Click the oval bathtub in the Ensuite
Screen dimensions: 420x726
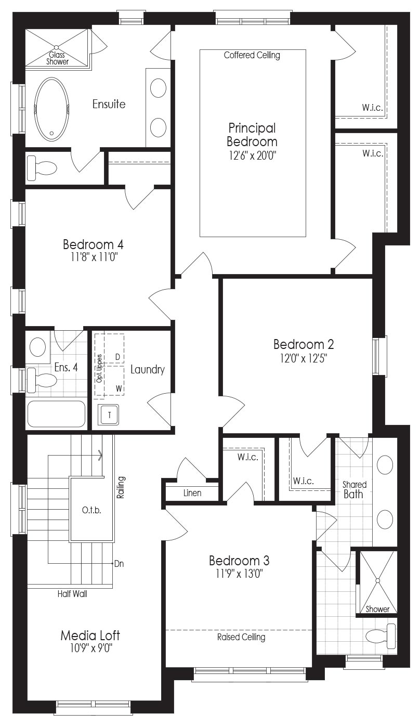pos(51,109)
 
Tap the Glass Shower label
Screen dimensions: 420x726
pos(57,58)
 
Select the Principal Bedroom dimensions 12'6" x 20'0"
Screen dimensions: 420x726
pos(252,156)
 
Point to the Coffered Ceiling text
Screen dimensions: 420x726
pos(252,55)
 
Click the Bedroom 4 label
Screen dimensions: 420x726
pos(93,244)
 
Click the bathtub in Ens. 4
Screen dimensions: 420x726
pos(56,414)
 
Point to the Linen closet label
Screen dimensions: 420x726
pos(192,493)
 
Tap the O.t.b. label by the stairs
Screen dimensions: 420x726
pos(91,511)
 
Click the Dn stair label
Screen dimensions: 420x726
pos(119,564)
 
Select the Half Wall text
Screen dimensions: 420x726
pos(72,594)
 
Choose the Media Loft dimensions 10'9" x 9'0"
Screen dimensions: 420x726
pos(90,648)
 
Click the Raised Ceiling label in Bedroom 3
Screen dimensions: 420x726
pos(241,637)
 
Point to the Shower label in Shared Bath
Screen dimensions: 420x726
pos(377,609)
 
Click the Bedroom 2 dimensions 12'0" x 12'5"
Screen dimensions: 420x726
pos(304,358)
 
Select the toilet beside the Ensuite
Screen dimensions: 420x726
pos(42,168)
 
